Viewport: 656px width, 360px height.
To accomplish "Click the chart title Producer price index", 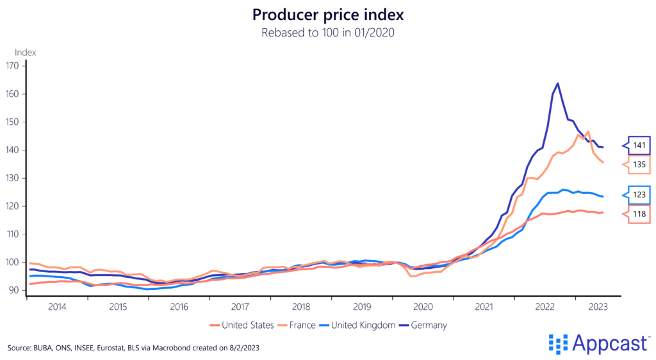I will (327, 14).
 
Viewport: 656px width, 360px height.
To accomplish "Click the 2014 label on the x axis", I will (56, 307).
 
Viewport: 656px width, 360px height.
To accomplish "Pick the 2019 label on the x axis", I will (361, 307).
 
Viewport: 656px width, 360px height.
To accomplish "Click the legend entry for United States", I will (247, 325).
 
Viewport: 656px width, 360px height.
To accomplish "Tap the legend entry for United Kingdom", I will (362, 325).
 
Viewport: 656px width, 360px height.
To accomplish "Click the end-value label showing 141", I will (639, 145).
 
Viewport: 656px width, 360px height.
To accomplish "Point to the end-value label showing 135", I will (639, 165).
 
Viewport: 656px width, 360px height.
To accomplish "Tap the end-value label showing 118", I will (639, 214).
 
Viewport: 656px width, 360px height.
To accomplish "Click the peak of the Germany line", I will (557, 83).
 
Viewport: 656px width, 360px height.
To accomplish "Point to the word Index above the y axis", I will (26, 52).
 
